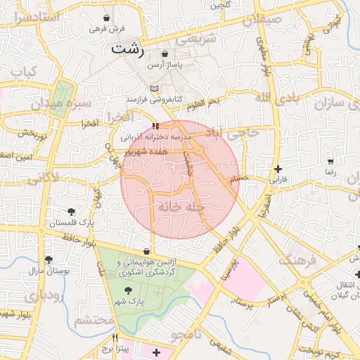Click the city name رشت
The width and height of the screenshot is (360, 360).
click(x=129, y=51)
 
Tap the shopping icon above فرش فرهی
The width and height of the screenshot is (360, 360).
click(x=106, y=18)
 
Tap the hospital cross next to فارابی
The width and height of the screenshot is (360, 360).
click(x=278, y=169)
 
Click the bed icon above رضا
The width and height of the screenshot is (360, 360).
click(x=330, y=161)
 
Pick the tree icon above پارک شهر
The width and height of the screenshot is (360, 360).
click(x=127, y=290)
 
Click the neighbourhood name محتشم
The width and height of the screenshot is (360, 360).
click(x=94, y=321)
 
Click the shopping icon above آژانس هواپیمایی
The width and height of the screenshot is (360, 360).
click(x=146, y=251)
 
